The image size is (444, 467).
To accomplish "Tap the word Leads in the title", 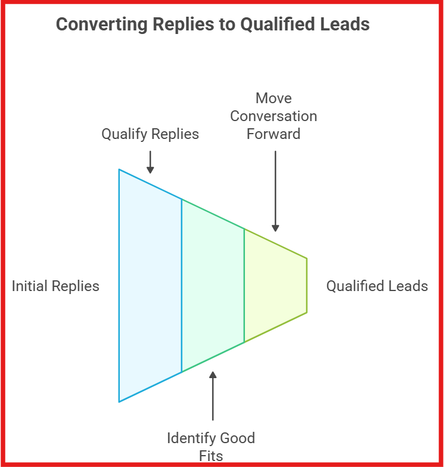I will coord(344,24).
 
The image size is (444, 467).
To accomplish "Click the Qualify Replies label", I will coord(150,134).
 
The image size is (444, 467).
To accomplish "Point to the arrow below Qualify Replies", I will coord(150,162).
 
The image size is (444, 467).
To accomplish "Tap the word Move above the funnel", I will coord(274,98).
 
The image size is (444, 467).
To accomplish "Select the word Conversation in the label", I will coord(274,116).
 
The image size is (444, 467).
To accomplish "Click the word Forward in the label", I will coord(274,134).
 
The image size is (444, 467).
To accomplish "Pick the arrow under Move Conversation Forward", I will coord(275,191).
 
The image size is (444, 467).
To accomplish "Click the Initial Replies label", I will coord(55,286).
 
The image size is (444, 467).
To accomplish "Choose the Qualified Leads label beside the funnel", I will coord(377,286).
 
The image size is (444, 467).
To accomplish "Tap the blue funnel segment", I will coord(150,286).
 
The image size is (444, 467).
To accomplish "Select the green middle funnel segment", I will coord(213,286).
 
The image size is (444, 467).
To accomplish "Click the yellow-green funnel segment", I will coord(275,286).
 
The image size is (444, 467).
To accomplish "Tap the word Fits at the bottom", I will coord(211,456).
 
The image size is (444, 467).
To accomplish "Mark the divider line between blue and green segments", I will coord(181,286).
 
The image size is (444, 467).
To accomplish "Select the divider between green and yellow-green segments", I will coord(244,286).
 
